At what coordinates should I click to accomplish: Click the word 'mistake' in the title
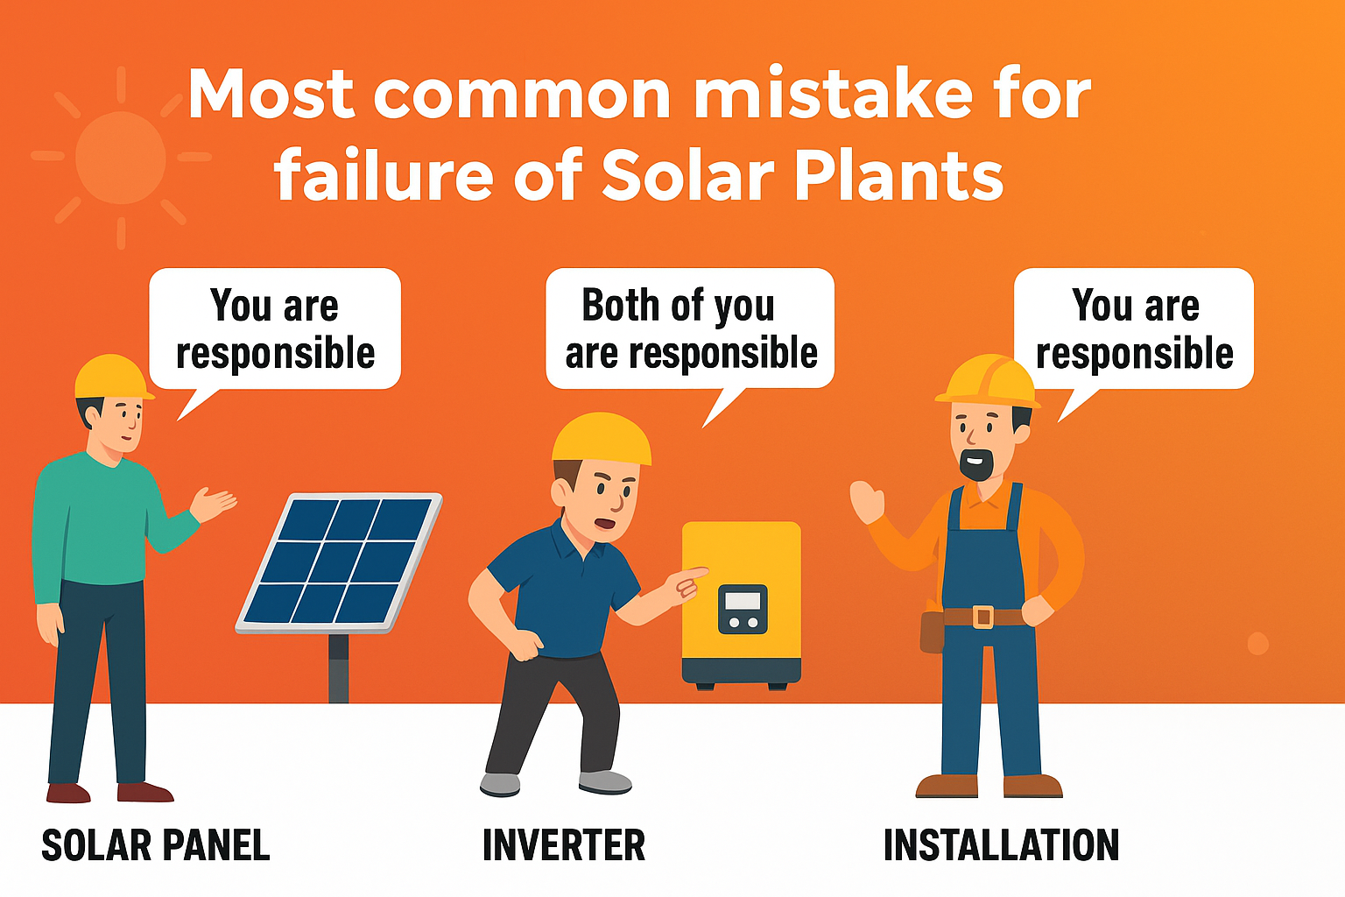pyautogui.click(x=832, y=95)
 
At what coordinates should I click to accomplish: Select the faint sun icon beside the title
pyautogui.click(x=121, y=158)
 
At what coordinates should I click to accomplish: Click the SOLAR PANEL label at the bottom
pyautogui.click(x=156, y=845)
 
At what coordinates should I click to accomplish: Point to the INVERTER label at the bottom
pyautogui.click(x=564, y=845)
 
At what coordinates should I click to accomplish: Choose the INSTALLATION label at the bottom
pyautogui.click(x=1002, y=845)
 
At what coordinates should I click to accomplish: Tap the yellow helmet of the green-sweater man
pyautogui.click(x=113, y=377)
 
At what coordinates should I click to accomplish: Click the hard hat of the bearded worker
pyautogui.click(x=987, y=379)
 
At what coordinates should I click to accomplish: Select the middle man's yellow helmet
pyautogui.click(x=602, y=438)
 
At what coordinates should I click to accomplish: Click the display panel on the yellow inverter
pyautogui.click(x=743, y=609)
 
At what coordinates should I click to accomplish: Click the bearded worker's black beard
pyautogui.click(x=976, y=463)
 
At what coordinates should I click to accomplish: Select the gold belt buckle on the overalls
pyautogui.click(x=983, y=617)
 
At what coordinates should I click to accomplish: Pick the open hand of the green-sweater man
pyautogui.click(x=213, y=504)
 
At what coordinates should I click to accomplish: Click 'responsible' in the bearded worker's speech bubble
pyautogui.click(x=1135, y=353)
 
